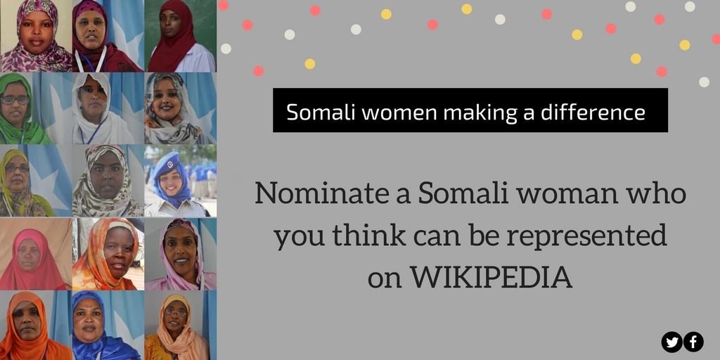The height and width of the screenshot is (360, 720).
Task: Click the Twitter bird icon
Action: tap(672, 342)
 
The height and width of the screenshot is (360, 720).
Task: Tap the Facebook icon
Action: tap(693, 342)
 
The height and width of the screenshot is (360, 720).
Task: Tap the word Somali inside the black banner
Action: tap(316, 112)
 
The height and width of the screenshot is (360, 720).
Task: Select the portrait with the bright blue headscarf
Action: tap(108, 325)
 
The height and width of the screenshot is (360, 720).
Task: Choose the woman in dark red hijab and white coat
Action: tap(180, 36)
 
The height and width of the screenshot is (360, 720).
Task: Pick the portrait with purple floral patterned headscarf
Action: tap(36, 36)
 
